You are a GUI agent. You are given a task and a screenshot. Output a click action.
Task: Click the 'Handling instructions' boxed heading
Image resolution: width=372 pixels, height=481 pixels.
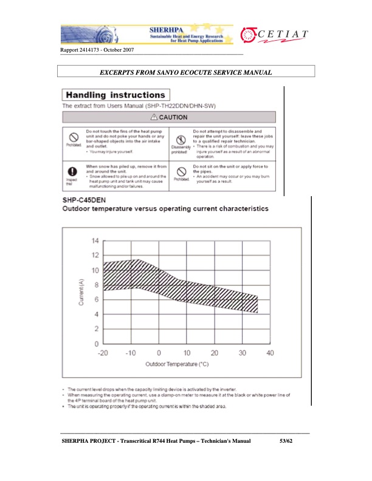pyautogui.click(x=115, y=95)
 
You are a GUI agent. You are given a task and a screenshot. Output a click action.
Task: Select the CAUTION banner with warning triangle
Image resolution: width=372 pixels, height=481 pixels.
pyautogui.click(x=169, y=117)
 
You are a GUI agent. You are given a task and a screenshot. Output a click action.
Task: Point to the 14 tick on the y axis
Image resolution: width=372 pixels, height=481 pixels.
pyautogui.click(x=95, y=241)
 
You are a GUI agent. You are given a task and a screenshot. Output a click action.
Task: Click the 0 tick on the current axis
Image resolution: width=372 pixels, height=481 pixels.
pyautogui.click(x=96, y=344)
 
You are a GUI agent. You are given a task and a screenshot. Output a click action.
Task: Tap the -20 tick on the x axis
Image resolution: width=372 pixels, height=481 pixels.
pyautogui.click(x=103, y=353)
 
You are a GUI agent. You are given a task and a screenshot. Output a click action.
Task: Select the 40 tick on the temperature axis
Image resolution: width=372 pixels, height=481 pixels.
pyautogui.click(x=270, y=353)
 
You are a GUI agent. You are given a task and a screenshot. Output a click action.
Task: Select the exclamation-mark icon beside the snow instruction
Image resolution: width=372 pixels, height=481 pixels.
pyautogui.click(x=72, y=171)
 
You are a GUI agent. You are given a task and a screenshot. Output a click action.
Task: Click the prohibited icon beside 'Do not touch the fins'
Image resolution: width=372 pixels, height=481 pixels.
pyautogui.click(x=72, y=137)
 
